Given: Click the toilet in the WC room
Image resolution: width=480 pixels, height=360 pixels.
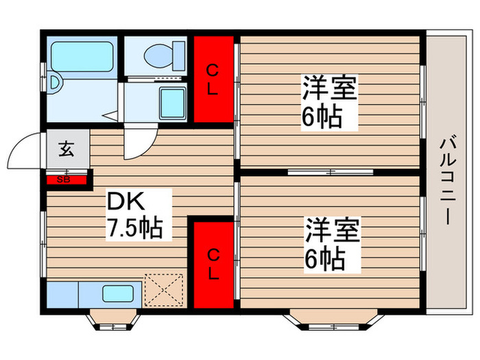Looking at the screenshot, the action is [x=165, y=56].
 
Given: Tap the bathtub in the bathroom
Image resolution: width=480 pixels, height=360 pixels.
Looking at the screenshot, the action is [x=82, y=57].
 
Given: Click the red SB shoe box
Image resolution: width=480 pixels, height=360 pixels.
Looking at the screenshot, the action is [x=67, y=180].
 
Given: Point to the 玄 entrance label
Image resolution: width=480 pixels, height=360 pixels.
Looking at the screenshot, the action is [x=67, y=149].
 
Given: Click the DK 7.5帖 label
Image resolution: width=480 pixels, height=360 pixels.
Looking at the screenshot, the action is [x=134, y=215].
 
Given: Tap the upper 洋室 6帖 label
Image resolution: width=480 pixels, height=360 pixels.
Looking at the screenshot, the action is [x=329, y=102].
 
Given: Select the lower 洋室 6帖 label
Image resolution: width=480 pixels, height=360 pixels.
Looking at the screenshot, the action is [x=332, y=244].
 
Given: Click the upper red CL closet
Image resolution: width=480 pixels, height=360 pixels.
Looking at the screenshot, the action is [x=214, y=80].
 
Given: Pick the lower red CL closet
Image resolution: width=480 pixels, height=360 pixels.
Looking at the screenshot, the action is [x=214, y=265].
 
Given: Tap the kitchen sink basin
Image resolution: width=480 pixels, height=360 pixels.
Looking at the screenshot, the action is [x=118, y=293].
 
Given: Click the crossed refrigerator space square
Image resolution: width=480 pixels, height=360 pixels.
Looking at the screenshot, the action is [x=164, y=290].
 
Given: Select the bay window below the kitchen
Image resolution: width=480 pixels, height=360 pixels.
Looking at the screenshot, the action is [x=113, y=320].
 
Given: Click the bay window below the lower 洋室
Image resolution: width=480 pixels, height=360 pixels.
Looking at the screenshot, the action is [x=333, y=320].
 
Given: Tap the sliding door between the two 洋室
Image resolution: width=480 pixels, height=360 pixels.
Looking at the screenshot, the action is [x=331, y=172].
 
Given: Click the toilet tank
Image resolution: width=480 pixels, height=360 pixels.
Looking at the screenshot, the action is [x=180, y=56].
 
